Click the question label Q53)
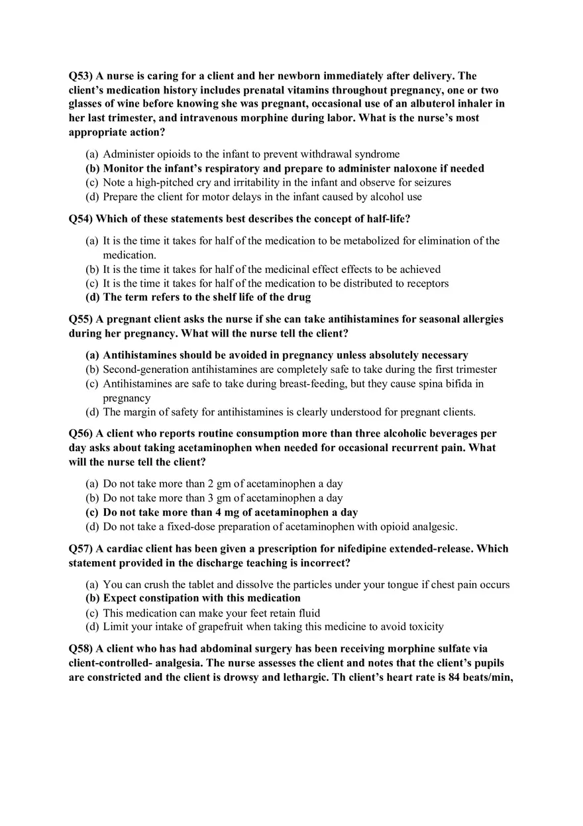point(81,76)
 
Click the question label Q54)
point(81,219)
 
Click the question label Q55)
point(81,319)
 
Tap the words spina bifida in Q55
point(447,384)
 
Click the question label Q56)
point(81,434)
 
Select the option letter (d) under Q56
point(92,527)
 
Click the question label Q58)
point(81,649)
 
